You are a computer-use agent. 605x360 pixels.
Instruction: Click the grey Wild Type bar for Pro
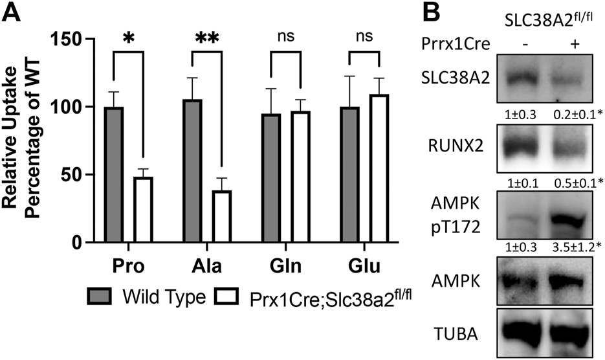pyautogui.click(x=113, y=175)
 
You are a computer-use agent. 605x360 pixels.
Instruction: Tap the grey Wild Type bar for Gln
pyautogui.click(x=272, y=178)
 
